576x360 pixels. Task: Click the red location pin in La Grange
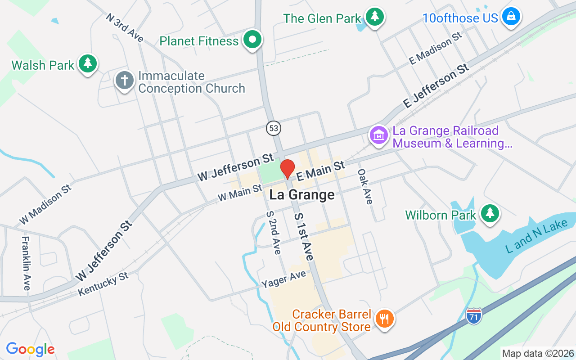287,169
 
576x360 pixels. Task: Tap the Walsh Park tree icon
88,64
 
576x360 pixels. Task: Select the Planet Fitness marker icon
252,40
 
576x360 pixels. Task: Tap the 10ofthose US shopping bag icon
511,16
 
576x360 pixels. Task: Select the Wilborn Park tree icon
490,213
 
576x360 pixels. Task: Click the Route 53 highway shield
273,128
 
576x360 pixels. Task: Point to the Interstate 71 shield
474,315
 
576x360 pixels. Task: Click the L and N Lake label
536,237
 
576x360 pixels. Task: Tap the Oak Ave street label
365,186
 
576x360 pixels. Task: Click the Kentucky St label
103,284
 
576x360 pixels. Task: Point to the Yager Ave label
283,279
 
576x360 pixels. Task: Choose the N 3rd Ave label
125,27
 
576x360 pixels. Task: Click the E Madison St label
436,47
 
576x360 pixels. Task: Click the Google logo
30,349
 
